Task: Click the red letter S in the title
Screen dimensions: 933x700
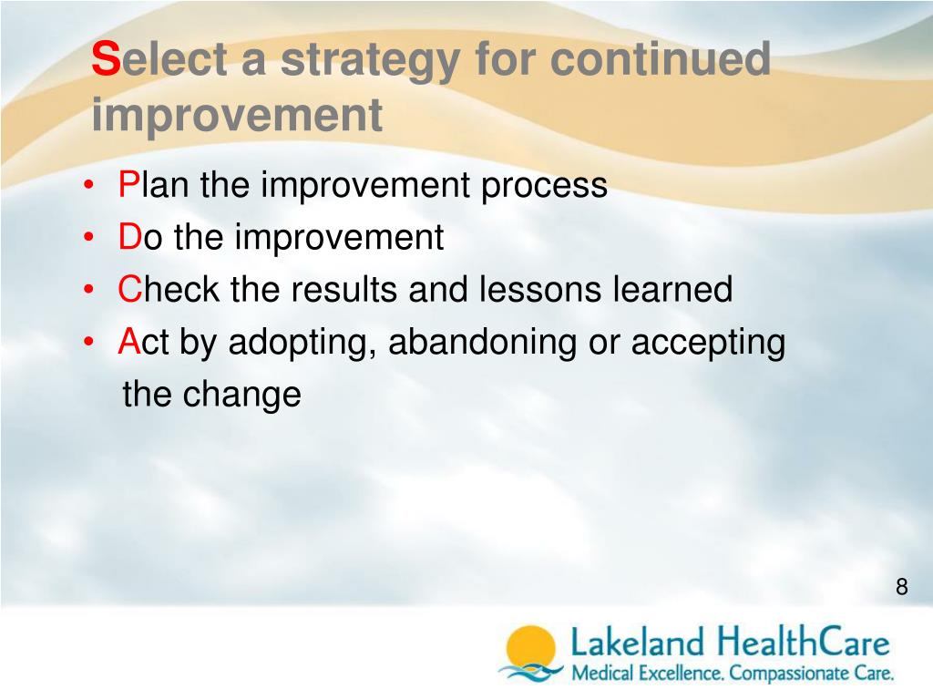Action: (x=107, y=59)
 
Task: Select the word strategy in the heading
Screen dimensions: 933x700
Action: (x=369, y=63)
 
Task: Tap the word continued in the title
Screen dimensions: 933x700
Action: (x=661, y=59)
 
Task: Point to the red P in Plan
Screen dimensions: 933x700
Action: (x=128, y=184)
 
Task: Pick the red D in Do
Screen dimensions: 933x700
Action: (x=129, y=237)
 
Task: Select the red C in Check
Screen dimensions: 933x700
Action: (x=129, y=289)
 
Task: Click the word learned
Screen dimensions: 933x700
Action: (x=673, y=289)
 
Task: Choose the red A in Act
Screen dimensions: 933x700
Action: (x=129, y=342)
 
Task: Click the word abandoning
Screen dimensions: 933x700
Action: (x=483, y=345)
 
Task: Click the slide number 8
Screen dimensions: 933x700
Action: (x=902, y=587)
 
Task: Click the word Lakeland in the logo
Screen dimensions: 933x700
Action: (x=637, y=643)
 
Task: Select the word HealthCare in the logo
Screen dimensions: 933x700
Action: (x=803, y=643)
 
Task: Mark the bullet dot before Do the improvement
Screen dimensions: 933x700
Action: (x=88, y=238)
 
